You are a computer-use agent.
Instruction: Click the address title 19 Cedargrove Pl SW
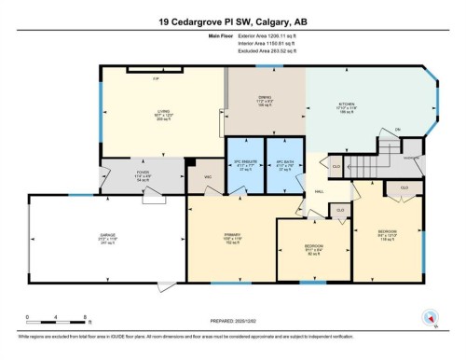[x=233, y=21]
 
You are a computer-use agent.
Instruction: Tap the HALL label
[x=319, y=188]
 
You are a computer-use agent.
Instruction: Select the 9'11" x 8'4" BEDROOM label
[x=313, y=249]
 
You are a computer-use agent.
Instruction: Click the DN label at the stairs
[x=370, y=129]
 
